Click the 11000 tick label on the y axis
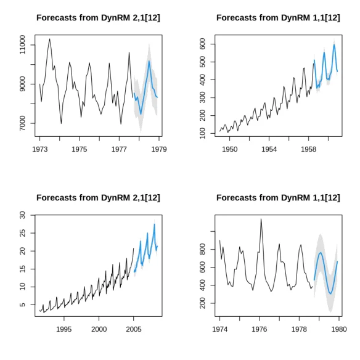(x=22, y=45)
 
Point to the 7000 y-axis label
(x=22, y=123)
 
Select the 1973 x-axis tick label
(x=40, y=149)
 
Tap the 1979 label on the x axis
(x=159, y=149)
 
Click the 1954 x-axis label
(x=269, y=149)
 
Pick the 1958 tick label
(x=309, y=149)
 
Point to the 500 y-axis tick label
(x=202, y=62)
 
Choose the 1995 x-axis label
(x=64, y=329)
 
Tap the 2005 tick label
(x=134, y=329)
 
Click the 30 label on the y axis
(x=22, y=215)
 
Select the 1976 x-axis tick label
(x=260, y=329)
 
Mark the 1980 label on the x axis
(x=339, y=329)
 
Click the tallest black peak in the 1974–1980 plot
(x=261, y=219)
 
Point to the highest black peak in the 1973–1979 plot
(x=49, y=39)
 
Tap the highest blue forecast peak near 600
(x=334, y=44)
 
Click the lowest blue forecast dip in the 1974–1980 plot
(x=330, y=293)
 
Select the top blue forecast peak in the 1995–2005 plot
(x=155, y=224)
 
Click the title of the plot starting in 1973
(x=98, y=18)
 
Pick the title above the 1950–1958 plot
(x=278, y=18)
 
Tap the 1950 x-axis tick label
(x=229, y=149)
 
